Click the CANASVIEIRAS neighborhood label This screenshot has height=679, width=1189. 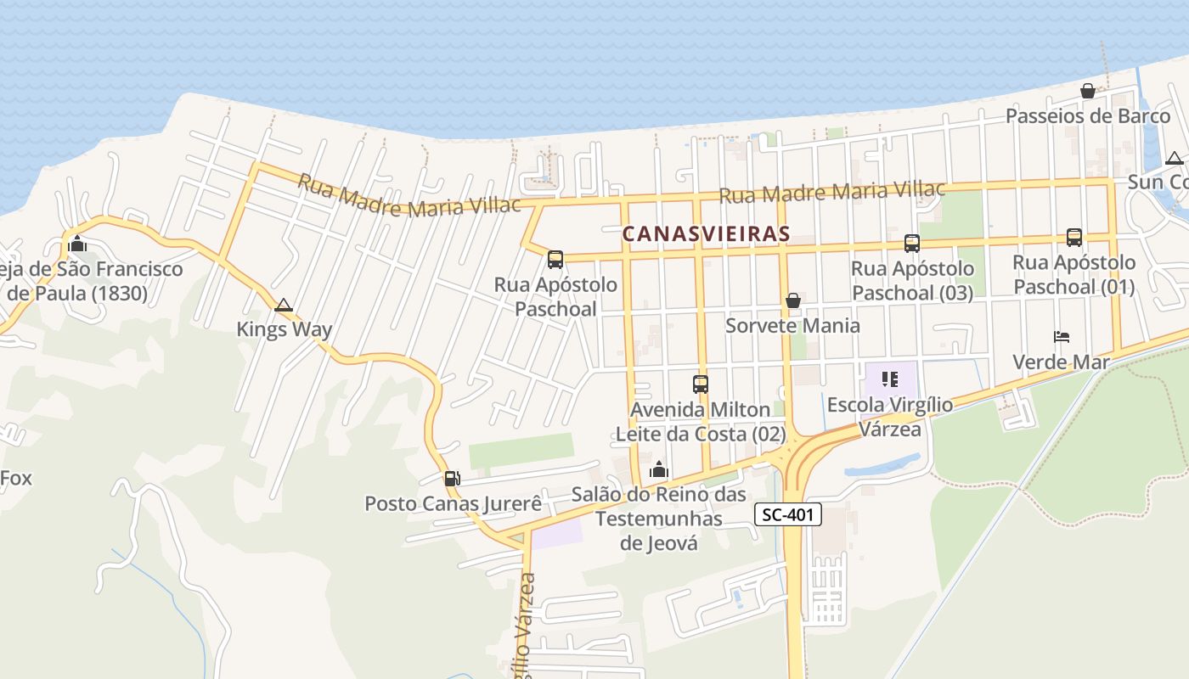point(706,233)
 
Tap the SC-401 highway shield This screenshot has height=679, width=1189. point(788,514)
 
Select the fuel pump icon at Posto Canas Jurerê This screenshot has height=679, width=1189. point(452,479)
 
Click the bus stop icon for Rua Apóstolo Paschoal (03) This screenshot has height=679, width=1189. point(912,244)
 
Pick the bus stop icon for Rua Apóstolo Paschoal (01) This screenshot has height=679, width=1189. point(1074,238)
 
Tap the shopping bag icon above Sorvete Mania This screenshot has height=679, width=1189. point(793,300)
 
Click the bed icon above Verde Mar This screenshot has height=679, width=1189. point(1062,337)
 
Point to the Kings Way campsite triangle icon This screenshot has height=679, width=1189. point(284,305)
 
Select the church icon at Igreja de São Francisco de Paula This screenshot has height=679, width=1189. point(77,244)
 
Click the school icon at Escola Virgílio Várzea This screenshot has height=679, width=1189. point(890,379)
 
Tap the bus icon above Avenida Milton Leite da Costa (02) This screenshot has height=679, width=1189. point(701,384)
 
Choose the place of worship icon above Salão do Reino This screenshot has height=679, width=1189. point(659,469)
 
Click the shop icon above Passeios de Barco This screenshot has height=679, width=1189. point(1088,91)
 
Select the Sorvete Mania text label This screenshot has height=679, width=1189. point(792,326)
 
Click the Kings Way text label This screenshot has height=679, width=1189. point(284,329)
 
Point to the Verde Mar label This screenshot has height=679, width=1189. point(1061,362)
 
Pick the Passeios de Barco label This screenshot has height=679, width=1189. point(1088,116)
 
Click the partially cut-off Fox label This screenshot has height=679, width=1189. point(15,478)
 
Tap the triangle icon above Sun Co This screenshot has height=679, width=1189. point(1175,158)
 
